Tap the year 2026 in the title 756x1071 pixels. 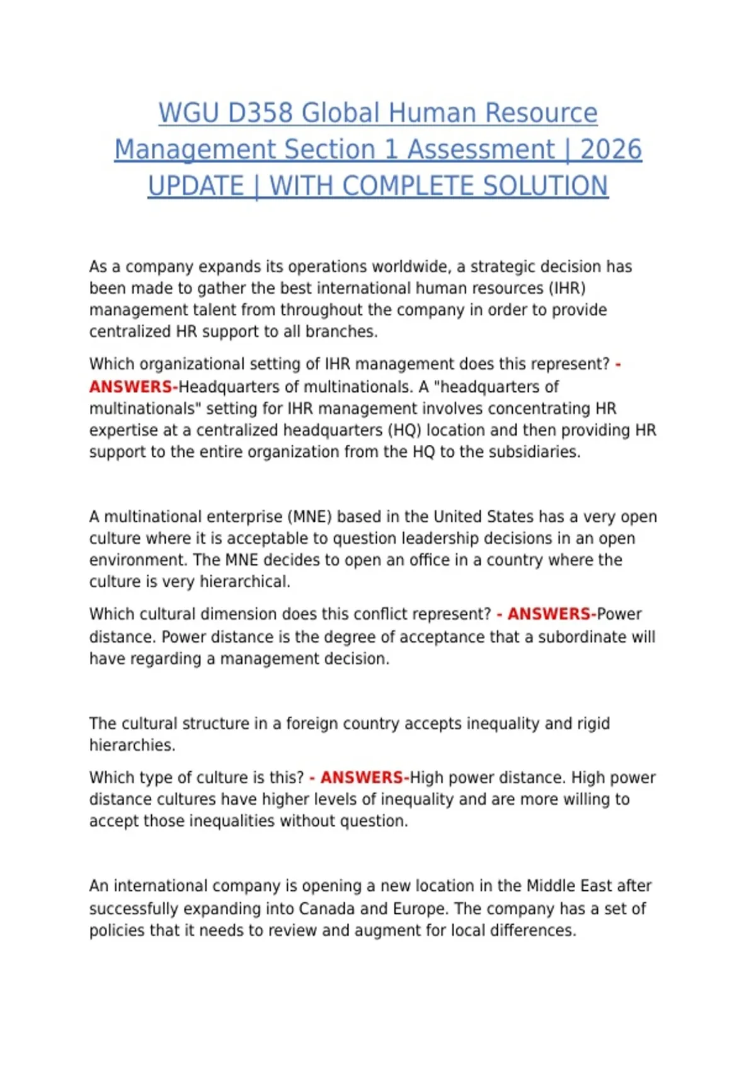(x=610, y=150)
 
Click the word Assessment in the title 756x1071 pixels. (x=481, y=150)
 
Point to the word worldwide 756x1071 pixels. (x=411, y=266)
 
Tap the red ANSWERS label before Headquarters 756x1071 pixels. (x=131, y=386)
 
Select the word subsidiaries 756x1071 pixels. (x=529, y=452)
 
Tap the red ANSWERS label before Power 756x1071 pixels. (x=550, y=614)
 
